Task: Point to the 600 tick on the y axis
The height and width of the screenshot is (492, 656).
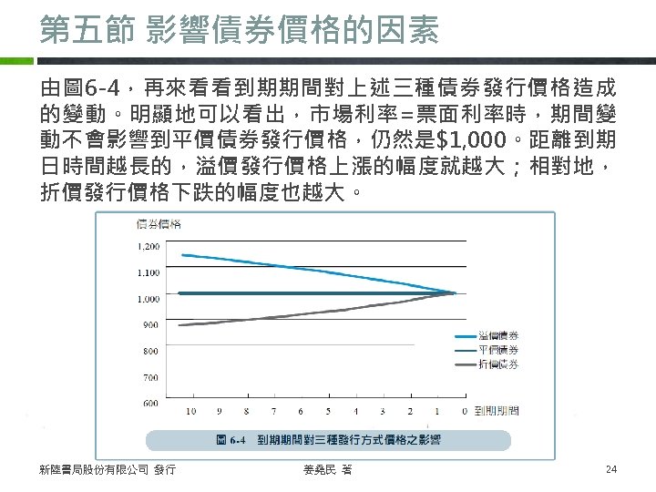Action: coord(149,403)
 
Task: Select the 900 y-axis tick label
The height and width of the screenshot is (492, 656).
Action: coord(149,324)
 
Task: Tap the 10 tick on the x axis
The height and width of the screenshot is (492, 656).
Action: coord(190,412)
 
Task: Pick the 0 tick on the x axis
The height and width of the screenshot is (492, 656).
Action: coord(465,412)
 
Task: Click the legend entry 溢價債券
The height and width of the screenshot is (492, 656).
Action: coord(499,337)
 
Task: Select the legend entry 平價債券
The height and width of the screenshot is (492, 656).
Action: coord(499,350)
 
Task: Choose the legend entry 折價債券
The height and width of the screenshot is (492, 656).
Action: coord(499,364)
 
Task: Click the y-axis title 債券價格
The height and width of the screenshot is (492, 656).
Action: coord(158,224)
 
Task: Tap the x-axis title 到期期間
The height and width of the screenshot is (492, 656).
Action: coord(497,412)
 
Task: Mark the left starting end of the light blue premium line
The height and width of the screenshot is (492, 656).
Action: coord(181,254)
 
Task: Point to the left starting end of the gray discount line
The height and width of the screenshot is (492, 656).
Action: coord(181,324)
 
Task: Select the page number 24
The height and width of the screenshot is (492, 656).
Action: coord(611,469)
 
